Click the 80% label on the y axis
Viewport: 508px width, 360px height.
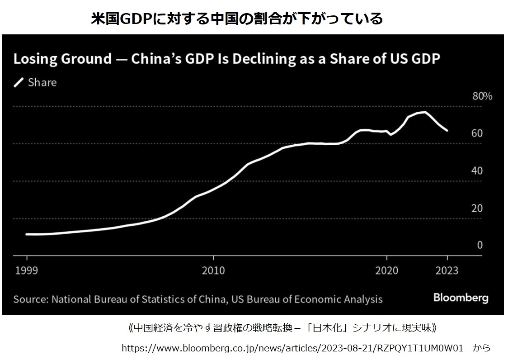click(482, 96)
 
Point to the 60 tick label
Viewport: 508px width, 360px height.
click(477, 133)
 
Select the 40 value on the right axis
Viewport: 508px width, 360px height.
click(477, 171)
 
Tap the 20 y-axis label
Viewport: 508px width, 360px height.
click(477, 208)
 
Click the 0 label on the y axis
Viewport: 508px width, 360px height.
click(480, 245)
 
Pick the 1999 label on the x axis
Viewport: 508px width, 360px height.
click(27, 270)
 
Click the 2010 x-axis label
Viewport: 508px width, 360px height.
click(213, 270)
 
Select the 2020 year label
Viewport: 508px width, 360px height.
click(387, 270)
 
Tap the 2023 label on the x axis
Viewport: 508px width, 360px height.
click(447, 270)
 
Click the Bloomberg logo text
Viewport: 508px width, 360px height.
click(461, 298)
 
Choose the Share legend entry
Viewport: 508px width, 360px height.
click(42, 82)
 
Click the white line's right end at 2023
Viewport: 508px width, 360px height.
click(447, 130)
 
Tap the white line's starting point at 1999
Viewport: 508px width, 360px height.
click(27, 234)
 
